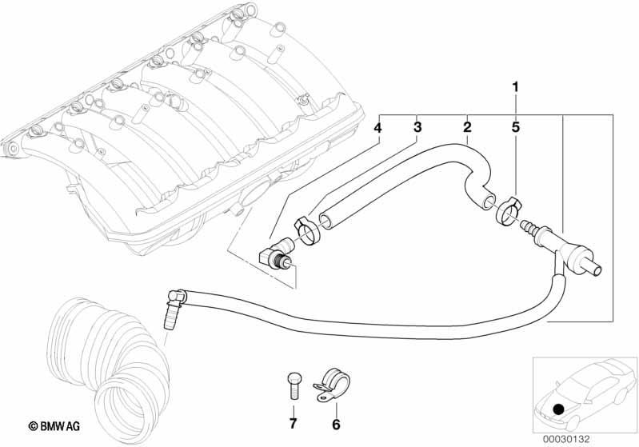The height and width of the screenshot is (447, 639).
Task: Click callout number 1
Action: tap(516, 87)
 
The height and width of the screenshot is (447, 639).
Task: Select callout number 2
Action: tap(467, 127)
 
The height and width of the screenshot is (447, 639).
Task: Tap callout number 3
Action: tap(417, 127)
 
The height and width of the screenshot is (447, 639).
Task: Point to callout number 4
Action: tap(377, 128)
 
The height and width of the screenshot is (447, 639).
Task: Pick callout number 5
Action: tap(516, 127)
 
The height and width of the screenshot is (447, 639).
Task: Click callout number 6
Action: tap(336, 425)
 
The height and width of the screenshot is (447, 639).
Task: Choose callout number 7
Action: tap(293, 424)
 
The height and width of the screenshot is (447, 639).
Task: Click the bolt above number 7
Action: tap(293, 386)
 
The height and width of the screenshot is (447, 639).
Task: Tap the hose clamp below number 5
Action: tap(508, 210)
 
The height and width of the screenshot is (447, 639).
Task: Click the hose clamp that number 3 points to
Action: tap(307, 230)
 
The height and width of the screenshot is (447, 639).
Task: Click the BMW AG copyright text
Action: tap(54, 426)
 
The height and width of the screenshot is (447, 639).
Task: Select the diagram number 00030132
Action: tap(565, 439)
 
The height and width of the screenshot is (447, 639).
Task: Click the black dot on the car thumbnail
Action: tap(559, 409)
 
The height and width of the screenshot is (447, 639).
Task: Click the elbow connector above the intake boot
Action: tap(175, 306)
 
